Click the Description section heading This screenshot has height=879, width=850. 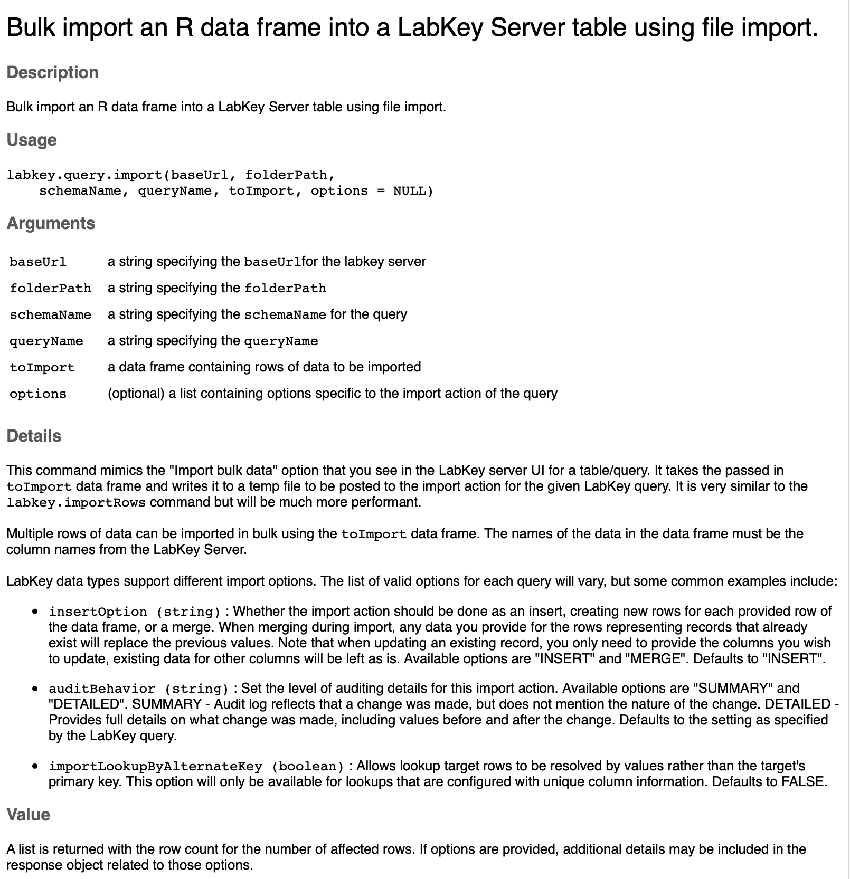click(x=52, y=72)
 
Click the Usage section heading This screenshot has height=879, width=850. click(x=31, y=140)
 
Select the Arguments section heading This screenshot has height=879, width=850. click(x=51, y=223)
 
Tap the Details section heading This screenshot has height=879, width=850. click(x=34, y=436)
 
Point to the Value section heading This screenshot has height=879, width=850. click(x=28, y=815)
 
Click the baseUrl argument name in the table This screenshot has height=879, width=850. click(x=38, y=262)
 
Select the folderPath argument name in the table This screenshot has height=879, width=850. click(x=50, y=288)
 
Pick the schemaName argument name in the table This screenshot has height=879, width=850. click(x=50, y=314)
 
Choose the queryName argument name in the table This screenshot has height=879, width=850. click(x=46, y=341)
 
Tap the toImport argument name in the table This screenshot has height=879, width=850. click(x=42, y=367)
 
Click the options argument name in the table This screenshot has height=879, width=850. click(x=38, y=394)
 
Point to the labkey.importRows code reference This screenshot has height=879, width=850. click(x=76, y=502)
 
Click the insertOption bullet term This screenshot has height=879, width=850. click(x=98, y=612)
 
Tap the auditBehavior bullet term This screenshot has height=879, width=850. click(x=102, y=689)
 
